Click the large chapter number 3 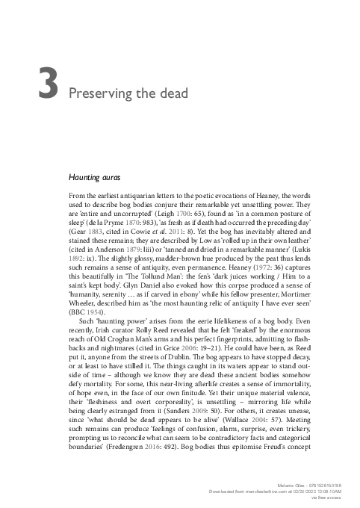(46, 84)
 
